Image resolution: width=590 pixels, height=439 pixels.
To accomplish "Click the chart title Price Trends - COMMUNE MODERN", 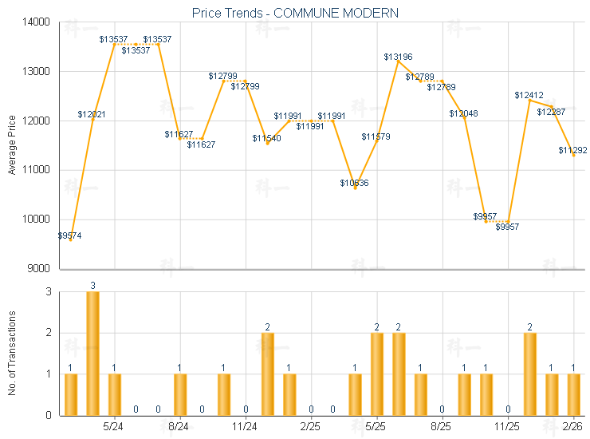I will tap(296, 13).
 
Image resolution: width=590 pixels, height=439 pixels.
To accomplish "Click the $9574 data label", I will tap(69, 235).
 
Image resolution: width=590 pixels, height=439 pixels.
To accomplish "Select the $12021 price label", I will tap(92, 115).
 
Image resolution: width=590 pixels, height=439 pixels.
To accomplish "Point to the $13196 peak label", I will tap(398, 57).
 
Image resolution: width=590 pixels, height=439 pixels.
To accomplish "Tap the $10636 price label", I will tap(354, 184).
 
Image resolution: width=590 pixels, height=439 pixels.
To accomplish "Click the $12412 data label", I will tap(529, 96).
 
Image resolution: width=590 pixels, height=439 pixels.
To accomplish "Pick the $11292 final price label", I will tap(572, 150).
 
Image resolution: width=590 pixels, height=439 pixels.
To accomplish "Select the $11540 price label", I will tap(267, 139).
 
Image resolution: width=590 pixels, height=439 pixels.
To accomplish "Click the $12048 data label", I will tap(463, 114).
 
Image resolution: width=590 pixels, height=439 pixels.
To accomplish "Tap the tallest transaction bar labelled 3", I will tap(92, 353).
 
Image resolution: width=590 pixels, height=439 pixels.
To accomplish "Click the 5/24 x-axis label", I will tap(114, 427).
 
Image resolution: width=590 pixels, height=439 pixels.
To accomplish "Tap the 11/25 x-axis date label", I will tap(508, 427).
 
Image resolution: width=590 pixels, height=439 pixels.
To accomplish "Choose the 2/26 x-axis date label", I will tap(572, 427).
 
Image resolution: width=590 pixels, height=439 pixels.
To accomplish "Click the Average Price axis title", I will tap(12, 145).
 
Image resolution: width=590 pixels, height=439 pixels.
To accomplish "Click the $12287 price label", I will tap(551, 113).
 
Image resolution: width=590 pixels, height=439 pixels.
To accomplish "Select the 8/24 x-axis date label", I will tap(180, 427).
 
